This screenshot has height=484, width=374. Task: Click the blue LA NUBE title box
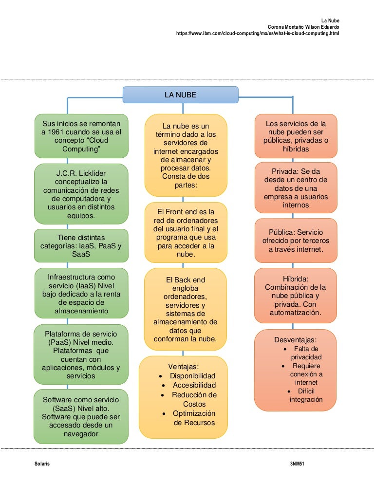(x=180, y=95)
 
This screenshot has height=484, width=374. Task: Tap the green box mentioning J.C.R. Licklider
(x=81, y=194)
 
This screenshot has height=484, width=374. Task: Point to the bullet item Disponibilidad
(x=192, y=376)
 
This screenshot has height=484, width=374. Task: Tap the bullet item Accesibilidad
(x=194, y=385)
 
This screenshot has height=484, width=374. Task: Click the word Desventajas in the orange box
(x=296, y=339)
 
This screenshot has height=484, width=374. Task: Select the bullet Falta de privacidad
(x=306, y=353)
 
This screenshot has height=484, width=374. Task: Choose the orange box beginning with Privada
(x=296, y=188)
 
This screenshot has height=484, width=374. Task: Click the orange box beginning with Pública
(x=296, y=241)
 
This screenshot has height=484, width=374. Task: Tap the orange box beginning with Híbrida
(x=296, y=296)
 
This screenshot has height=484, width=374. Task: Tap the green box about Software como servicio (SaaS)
(x=81, y=416)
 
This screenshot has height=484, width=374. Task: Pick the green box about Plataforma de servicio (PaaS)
(x=81, y=355)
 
